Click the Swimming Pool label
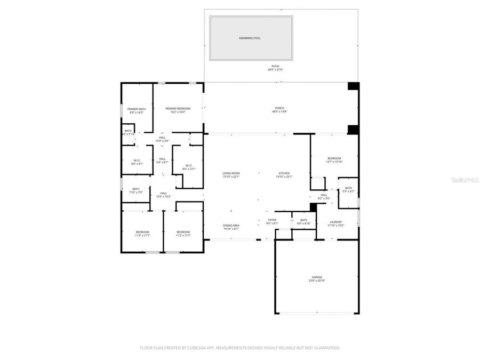click(x=250, y=38)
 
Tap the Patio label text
click(x=275, y=68)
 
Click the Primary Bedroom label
click(x=178, y=110)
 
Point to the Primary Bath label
click(x=136, y=110)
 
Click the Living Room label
click(x=231, y=175)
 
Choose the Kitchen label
click(x=284, y=175)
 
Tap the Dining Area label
click(x=231, y=227)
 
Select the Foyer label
click(x=272, y=221)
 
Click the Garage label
click(x=317, y=278)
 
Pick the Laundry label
click(x=335, y=223)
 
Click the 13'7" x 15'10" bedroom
click(x=334, y=159)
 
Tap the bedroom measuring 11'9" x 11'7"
click(x=142, y=233)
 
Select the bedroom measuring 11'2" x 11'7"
click(x=183, y=233)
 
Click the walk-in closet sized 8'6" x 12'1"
click(x=189, y=167)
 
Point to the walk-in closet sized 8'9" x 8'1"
click(x=137, y=162)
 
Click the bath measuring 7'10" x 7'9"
click(x=136, y=190)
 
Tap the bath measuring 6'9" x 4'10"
click(x=303, y=221)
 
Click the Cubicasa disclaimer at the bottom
click(x=239, y=348)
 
